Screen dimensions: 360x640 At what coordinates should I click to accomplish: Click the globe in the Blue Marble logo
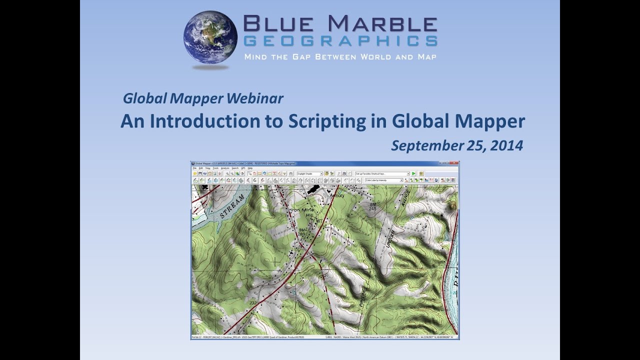210,37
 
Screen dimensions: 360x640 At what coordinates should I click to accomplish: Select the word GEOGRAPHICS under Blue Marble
340,40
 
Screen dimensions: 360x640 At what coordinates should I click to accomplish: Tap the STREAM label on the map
232,206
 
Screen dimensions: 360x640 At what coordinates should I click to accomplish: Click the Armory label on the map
337,196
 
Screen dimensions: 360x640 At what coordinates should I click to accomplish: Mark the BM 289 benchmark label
301,231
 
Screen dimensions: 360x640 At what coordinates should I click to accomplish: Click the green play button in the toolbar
413,173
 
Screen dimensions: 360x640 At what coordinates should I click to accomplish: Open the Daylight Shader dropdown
309,173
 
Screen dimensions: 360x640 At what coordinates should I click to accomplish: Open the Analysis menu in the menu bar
225,168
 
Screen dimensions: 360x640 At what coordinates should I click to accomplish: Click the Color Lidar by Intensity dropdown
384,180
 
